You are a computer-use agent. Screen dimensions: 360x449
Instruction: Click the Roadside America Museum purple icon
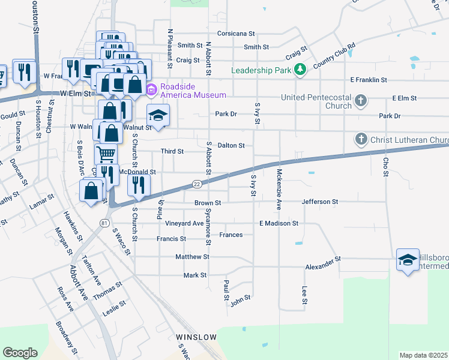pos(151,91)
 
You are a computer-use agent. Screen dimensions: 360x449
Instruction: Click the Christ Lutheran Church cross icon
pos(361,140)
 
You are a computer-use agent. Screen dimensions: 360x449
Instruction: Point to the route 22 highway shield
pos(197,183)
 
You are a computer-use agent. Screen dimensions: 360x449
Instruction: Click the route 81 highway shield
pos(104,223)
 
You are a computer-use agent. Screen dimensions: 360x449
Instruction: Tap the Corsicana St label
pos(238,34)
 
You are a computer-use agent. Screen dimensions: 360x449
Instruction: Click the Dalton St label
pos(231,145)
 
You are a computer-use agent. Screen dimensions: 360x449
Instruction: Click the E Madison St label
pos(279,223)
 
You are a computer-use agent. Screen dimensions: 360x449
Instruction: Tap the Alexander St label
pos(323,259)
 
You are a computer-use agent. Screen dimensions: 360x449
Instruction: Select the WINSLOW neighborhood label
pos(196,337)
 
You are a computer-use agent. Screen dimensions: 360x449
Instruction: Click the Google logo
pos(20,353)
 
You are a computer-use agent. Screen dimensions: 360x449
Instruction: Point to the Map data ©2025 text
pos(423,355)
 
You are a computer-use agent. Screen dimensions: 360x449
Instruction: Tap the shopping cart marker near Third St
pos(106,154)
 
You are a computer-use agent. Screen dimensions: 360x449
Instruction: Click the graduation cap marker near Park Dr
pos(158,115)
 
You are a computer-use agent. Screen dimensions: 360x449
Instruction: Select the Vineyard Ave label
pos(184,223)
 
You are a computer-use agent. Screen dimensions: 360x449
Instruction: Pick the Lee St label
pos(304,295)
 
